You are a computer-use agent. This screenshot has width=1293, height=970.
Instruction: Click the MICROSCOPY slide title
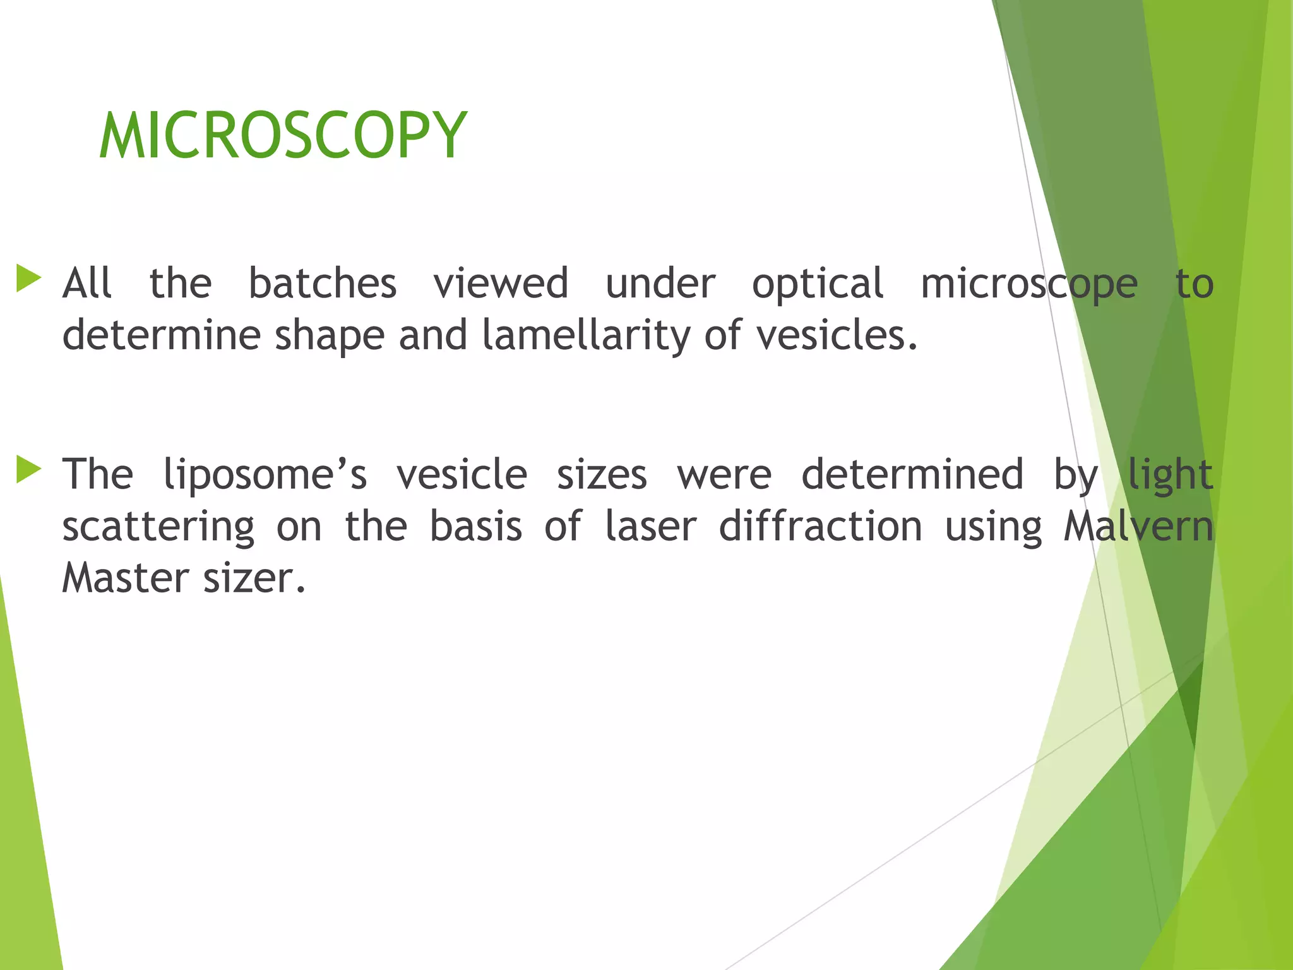pyautogui.click(x=283, y=136)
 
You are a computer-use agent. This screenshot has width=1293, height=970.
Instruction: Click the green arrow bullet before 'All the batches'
pyautogui.click(x=28, y=278)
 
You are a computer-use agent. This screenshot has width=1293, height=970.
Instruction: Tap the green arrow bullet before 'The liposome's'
pyautogui.click(x=28, y=470)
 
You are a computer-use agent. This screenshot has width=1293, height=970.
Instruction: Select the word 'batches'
pyautogui.click(x=323, y=283)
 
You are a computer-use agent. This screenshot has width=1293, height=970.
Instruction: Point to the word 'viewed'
pyautogui.click(x=501, y=283)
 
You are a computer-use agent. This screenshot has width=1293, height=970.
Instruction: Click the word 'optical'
pyautogui.click(x=818, y=284)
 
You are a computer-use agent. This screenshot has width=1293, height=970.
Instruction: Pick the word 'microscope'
pyautogui.click(x=1029, y=284)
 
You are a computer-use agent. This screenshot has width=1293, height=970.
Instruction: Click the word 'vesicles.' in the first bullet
pyautogui.click(x=837, y=335)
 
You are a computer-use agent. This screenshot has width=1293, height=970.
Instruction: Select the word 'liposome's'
pyautogui.click(x=265, y=475)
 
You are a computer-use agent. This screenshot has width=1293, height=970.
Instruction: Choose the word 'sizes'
pyautogui.click(x=602, y=475)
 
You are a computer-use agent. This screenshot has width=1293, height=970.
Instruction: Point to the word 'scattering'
pyautogui.click(x=158, y=527)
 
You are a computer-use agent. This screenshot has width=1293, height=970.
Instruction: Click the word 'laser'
pyautogui.click(x=650, y=526)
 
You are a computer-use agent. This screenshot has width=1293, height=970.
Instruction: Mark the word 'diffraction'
pyautogui.click(x=821, y=526)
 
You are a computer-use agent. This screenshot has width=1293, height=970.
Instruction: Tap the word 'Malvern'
pyautogui.click(x=1138, y=526)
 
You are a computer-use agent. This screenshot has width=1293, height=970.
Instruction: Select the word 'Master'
pyautogui.click(x=126, y=578)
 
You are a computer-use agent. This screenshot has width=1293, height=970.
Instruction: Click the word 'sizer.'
pyautogui.click(x=254, y=578)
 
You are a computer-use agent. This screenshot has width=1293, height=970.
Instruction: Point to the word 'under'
pyautogui.click(x=660, y=283)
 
